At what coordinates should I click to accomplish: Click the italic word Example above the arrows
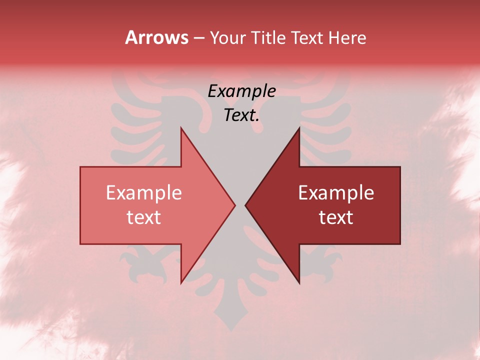[242, 91]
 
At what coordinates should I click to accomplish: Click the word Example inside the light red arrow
[144, 193]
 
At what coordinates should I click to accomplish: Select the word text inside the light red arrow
[144, 217]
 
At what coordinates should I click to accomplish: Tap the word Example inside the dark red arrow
[336, 193]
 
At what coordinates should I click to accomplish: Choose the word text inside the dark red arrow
[336, 217]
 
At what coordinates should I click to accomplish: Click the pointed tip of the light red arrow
[235, 205]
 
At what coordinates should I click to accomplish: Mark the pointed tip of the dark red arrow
[245, 205]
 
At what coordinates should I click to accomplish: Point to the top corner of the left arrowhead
[181, 128]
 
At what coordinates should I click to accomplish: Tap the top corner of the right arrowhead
[299, 128]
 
